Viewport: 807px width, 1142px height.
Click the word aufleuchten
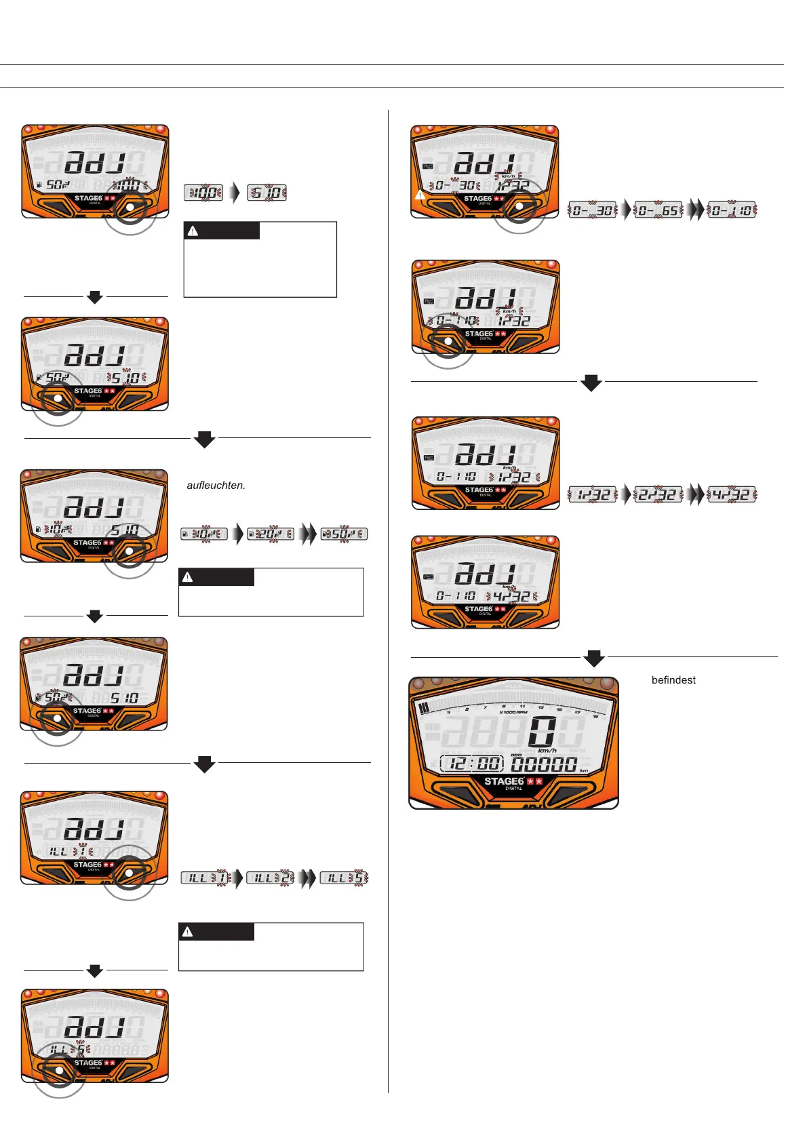[x=216, y=486]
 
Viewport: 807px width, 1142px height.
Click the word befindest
[x=673, y=680]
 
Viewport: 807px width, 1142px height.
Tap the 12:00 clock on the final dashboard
[x=472, y=764]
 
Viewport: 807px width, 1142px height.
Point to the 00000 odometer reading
[x=544, y=764]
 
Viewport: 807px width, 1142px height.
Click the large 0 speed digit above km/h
[x=543, y=732]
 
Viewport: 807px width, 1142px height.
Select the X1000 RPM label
[x=513, y=712]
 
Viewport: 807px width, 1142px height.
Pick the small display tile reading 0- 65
[x=658, y=210]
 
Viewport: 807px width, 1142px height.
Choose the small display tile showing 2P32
[x=658, y=494]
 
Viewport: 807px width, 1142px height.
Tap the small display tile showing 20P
[x=270, y=534]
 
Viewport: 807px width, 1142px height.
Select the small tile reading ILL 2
[x=270, y=878]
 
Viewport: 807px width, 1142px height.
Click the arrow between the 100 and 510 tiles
[x=235, y=193]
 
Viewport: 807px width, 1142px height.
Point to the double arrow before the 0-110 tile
[x=695, y=210]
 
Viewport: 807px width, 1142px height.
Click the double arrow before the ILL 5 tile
[x=308, y=878]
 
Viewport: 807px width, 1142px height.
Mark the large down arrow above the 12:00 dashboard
[x=594, y=658]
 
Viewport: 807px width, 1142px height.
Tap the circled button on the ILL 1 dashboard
[x=129, y=873]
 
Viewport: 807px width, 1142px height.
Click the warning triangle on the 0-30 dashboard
[x=420, y=195]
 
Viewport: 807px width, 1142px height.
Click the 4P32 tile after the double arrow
[x=732, y=494]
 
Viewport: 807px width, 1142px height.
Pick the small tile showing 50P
[x=345, y=534]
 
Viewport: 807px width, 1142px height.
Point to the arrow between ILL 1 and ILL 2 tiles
[x=238, y=878]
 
